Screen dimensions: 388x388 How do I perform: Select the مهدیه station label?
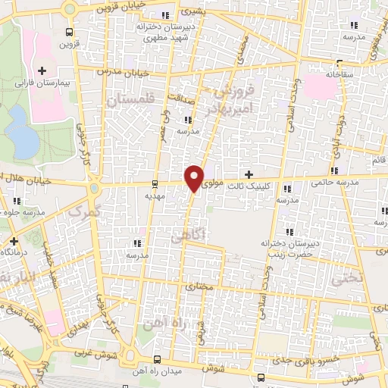click(x=155, y=194)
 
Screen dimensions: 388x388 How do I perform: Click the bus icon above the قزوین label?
click(x=70, y=33)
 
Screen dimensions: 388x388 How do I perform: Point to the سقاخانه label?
click(x=340, y=75)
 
